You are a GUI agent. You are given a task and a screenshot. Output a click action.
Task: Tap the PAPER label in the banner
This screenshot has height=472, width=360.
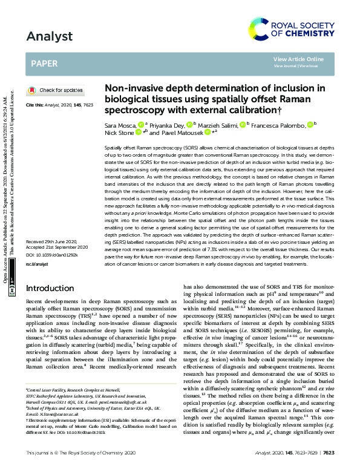45,62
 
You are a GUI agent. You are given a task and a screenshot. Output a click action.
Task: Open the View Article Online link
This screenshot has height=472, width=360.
298,59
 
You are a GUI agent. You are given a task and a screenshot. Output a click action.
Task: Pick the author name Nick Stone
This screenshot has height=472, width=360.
119,132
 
